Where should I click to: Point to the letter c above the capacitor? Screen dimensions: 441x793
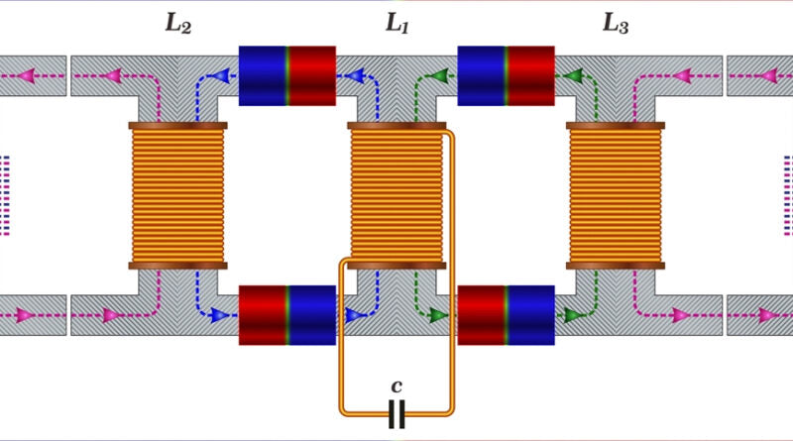[x=396, y=385]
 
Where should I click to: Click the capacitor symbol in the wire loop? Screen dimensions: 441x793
[x=396, y=414]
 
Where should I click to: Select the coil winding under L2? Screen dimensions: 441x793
[x=178, y=194]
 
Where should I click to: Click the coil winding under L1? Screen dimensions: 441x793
[x=396, y=194]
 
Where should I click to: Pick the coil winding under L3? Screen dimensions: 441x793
[x=615, y=194]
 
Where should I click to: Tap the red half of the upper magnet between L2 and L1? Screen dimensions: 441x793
[x=312, y=75]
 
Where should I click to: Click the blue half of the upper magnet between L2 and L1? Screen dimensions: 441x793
[x=264, y=75]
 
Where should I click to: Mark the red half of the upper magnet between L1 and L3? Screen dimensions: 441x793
[x=530, y=75]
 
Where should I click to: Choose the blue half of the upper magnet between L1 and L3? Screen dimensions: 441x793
[x=482, y=75]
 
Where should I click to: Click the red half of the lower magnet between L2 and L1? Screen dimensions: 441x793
[x=264, y=315]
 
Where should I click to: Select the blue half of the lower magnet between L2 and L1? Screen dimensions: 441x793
[x=312, y=315]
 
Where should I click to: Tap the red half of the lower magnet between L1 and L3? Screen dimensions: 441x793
[x=482, y=315]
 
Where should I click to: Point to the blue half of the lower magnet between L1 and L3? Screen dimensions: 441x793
[x=530, y=315]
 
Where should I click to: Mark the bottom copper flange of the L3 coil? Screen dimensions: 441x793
[x=615, y=265]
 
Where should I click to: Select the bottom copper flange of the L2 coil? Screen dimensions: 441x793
[x=178, y=265]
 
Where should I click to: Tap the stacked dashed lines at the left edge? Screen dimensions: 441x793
[x=5, y=194]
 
